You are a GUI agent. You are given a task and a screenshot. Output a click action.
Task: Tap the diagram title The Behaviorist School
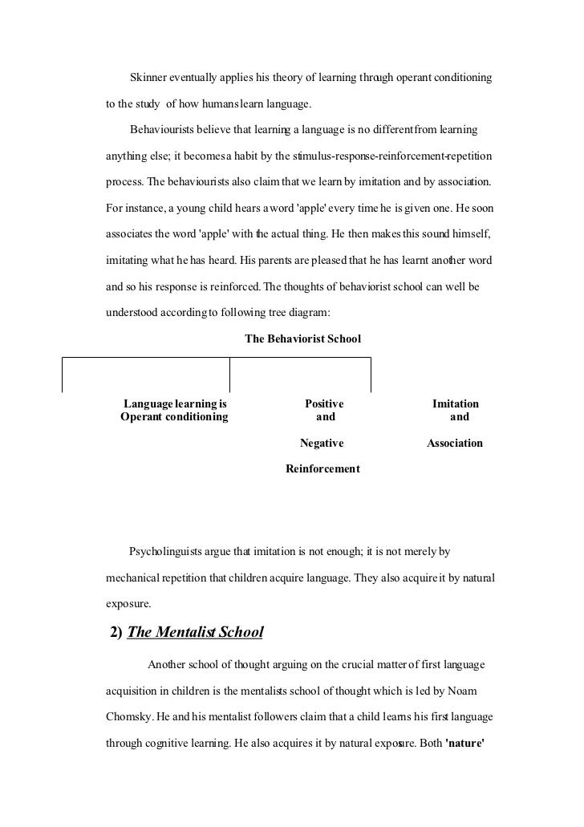click(x=302, y=339)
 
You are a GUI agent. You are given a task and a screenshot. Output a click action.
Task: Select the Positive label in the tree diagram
click(x=324, y=404)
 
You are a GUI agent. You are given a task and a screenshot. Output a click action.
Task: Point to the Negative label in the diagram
click(x=322, y=443)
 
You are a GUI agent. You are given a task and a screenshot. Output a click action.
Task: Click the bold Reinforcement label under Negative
click(x=322, y=468)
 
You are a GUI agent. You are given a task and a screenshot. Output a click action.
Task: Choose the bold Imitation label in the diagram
click(x=456, y=404)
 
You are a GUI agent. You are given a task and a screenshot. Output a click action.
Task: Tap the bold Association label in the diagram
click(x=455, y=443)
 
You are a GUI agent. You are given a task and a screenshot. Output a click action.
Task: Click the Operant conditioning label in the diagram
click(x=174, y=417)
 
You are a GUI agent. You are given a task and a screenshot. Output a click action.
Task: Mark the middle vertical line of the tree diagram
click(x=230, y=373)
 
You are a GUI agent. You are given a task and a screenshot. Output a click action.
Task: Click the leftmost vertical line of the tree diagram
click(x=63, y=373)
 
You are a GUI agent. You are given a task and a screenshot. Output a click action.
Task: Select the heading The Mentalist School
click(x=195, y=632)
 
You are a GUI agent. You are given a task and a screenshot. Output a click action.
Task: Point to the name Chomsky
click(x=132, y=715)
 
